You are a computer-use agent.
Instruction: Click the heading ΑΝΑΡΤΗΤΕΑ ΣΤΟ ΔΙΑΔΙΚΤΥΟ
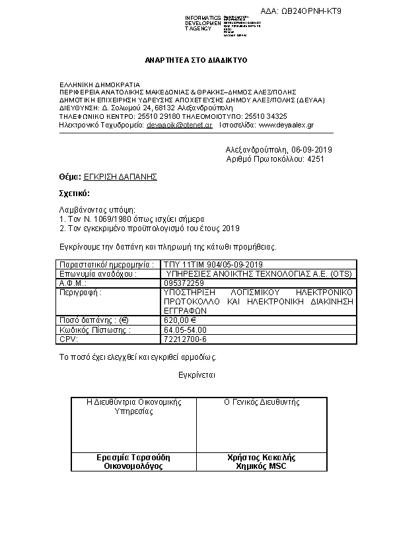pos(196,60)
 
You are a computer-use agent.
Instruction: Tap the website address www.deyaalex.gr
pos(286,124)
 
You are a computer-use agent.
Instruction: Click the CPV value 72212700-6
pos(185,339)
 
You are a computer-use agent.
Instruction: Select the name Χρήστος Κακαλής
pos(262,457)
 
